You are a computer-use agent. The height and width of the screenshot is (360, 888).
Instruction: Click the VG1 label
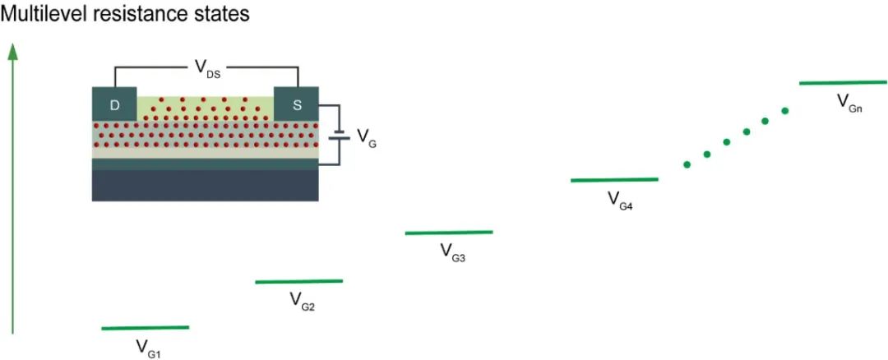(x=149, y=348)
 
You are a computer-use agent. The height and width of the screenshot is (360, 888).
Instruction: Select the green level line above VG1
(x=146, y=328)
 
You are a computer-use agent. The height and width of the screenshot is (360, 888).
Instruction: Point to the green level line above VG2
(x=298, y=281)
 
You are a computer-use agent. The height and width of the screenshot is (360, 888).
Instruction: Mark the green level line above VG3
(x=449, y=233)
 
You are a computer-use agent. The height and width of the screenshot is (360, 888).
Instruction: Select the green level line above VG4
(x=614, y=179)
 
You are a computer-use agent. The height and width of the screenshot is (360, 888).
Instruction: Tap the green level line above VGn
(x=843, y=82)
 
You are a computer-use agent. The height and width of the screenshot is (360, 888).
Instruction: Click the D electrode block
(x=114, y=106)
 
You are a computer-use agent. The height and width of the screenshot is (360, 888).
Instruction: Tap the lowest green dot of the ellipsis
(x=687, y=164)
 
